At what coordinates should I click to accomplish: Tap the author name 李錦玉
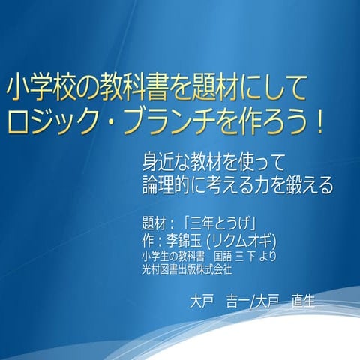coord(192,240)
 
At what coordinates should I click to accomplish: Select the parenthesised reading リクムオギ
coord(244,240)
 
